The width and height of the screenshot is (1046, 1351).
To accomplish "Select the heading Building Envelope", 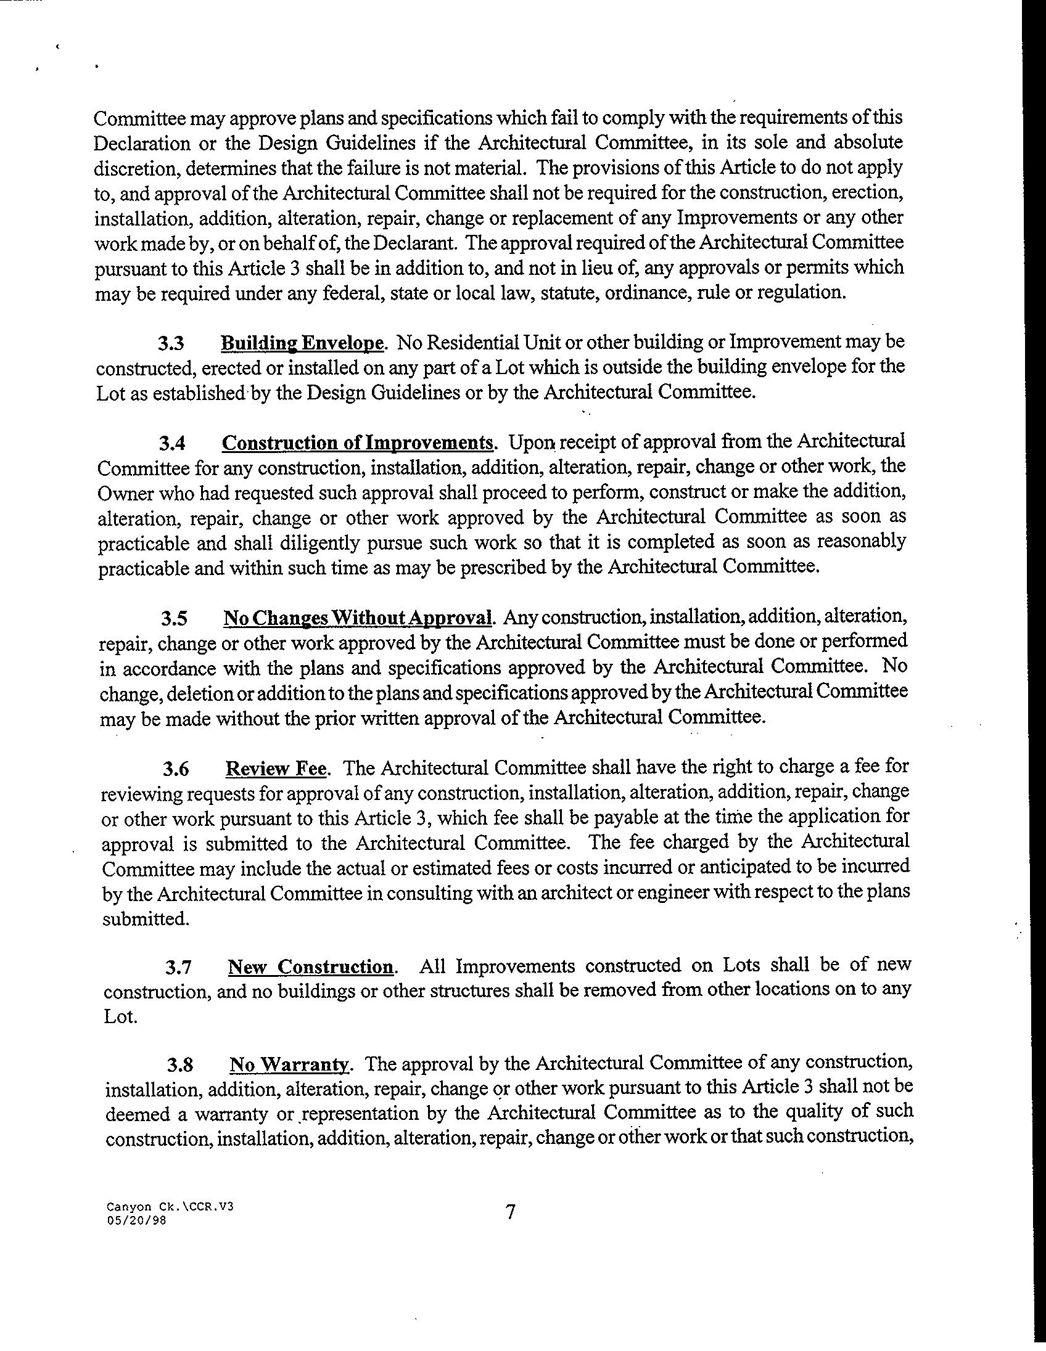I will pos(303,343).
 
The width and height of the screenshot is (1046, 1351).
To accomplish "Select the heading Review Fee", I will pos(276,769).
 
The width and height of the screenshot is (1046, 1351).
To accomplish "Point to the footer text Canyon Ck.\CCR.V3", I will pos(170,1206).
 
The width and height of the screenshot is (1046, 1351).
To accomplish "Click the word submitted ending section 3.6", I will pos(146,919).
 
